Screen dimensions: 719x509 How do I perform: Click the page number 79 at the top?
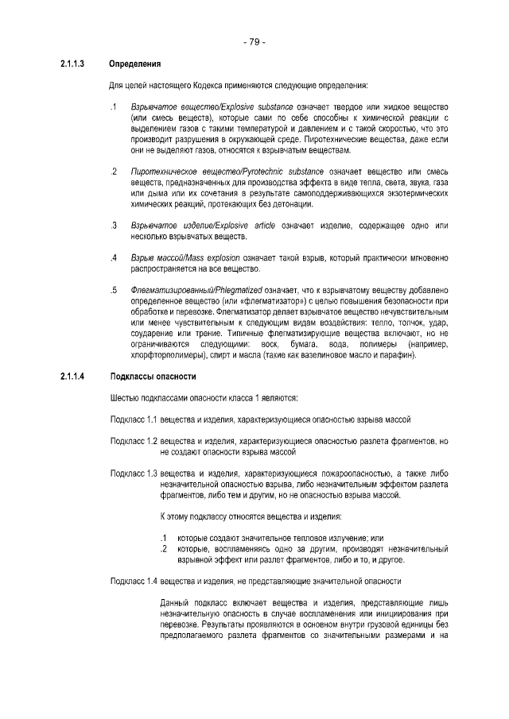(254, 41)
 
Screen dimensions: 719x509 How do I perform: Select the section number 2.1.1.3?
(73, 64)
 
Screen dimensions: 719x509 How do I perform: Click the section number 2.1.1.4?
(73, 376)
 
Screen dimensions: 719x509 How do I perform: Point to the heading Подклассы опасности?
(152, 376)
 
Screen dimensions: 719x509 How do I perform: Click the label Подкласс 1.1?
(134, 419)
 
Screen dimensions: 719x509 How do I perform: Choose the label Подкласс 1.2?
(134, 441)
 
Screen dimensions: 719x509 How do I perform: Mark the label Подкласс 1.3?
(134, 474)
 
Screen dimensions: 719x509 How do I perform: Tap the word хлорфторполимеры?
(164, 355)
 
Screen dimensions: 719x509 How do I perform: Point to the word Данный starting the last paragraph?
(175, 603)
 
